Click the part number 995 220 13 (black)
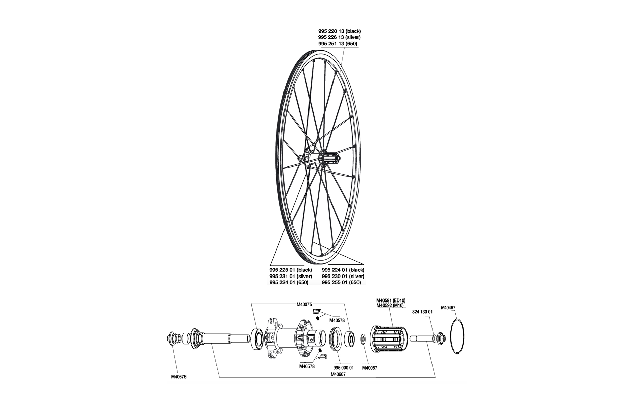point(339,31)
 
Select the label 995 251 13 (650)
point(338,44)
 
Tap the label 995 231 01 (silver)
point(291,276)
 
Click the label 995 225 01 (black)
point(291,270)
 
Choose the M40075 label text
point(304,304)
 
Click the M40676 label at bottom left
point(179,377)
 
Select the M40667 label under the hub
point(338,374)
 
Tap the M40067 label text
point(369,368)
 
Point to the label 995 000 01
point(343,368)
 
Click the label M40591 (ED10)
point(391,300)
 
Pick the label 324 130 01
point(422,312)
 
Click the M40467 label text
point(448,308)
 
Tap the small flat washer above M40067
point(363,338)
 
